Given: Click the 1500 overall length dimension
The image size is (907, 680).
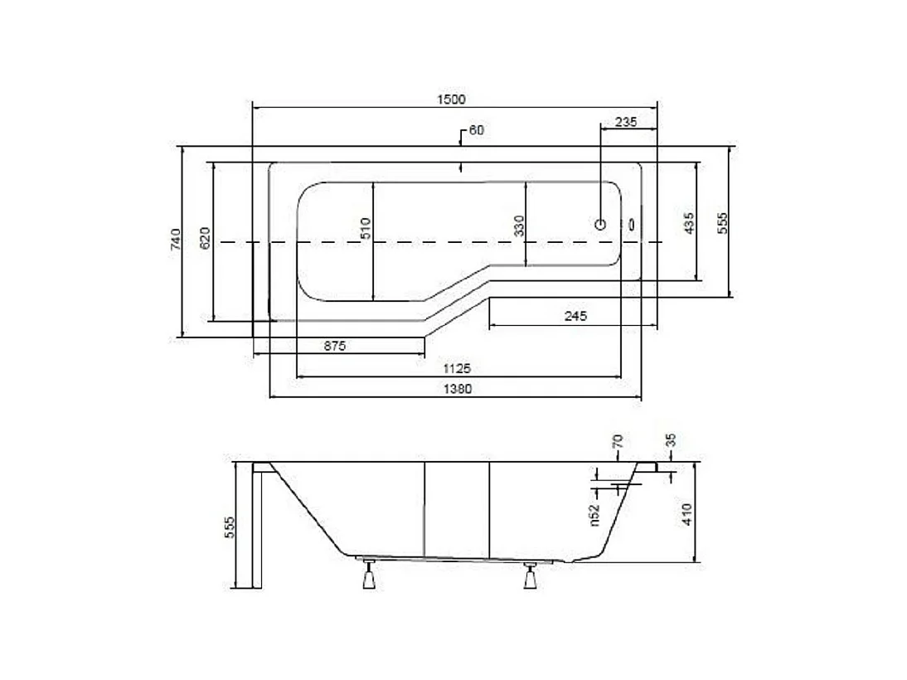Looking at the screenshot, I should tap(453, 99).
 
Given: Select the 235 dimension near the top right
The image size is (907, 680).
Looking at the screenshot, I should tap(626, 121).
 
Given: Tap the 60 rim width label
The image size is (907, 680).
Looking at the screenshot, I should tap(476, 130).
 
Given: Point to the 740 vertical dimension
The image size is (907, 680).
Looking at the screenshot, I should tap(174, 241).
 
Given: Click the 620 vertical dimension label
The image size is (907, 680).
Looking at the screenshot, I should tap(206, 238).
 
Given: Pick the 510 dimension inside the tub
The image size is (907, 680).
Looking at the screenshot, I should tap(366, 227).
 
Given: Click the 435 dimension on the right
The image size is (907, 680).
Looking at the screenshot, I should tap(688, 223).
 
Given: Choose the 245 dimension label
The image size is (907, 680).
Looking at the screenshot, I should tap(575, 315).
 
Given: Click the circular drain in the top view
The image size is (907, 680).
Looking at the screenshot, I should tap(601, 224).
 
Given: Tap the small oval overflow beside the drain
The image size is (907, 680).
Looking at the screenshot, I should tap(633, 224).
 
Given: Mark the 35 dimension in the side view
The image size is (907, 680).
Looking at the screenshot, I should tap(671, 440).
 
